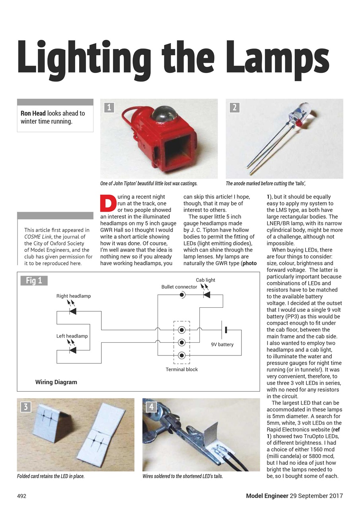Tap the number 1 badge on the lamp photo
point(109,107)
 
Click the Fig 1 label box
point(34,281)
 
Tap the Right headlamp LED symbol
point(72,311)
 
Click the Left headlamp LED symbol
point(72,350)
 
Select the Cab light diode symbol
point(206,295)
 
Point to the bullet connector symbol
point(182,295)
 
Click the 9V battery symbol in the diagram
point(225,330)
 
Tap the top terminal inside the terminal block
point(182,330)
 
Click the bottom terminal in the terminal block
point(182,355)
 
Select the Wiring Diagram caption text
point(56,382)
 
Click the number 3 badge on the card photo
point(26,407)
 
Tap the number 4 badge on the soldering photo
point(151,407)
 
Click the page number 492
point(21,496)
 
